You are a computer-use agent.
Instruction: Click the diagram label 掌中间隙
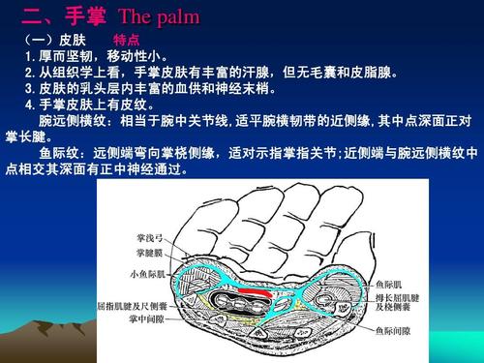click(145, 318)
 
